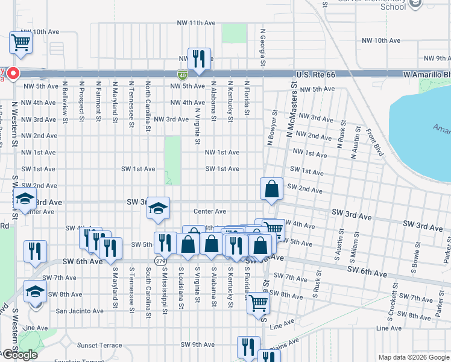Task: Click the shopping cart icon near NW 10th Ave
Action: coord(20,43)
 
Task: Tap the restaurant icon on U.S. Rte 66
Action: coord(199,59)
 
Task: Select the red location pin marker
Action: coord(13,74)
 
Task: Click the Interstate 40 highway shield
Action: coord(182,75)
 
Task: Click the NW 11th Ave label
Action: coord(196,23)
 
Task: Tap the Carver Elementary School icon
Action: coord(415,5)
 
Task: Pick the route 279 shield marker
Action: coord(160,261)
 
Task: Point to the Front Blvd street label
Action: coord(371,141)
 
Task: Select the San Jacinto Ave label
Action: coord(80,311)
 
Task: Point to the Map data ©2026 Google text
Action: coord(413,357)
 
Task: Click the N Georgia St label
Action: coord(263,48)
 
